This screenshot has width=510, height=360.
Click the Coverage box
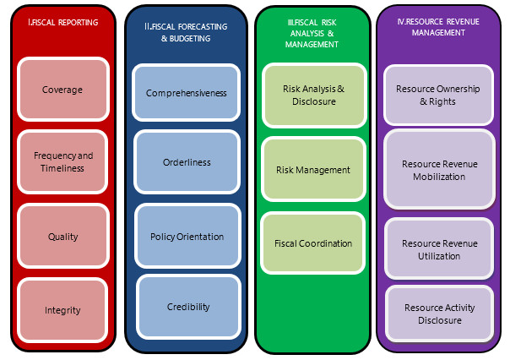(63, 89)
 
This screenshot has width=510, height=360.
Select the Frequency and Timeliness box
(63, 161)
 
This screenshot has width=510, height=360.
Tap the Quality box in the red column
(63, 237)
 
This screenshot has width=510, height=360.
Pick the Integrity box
(63, 310)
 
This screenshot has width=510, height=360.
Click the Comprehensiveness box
(186, 93)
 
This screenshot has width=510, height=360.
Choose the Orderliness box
(187, 162)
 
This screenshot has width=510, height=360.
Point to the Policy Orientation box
(187, 237)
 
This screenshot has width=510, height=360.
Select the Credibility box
(188, 307)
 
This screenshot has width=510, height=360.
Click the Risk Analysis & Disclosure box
(312, 95)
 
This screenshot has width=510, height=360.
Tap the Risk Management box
(312, 170)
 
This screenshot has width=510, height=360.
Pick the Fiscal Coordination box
(312, 243)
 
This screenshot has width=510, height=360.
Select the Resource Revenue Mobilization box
(439, 170)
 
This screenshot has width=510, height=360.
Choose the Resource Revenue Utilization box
(439, 249)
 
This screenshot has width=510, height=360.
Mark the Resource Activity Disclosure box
(439, 314)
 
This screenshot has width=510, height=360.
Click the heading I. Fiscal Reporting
(62, 24)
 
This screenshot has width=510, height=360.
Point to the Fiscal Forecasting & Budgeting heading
(185, 32)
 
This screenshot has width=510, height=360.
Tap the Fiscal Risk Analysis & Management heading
(312, 32)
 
